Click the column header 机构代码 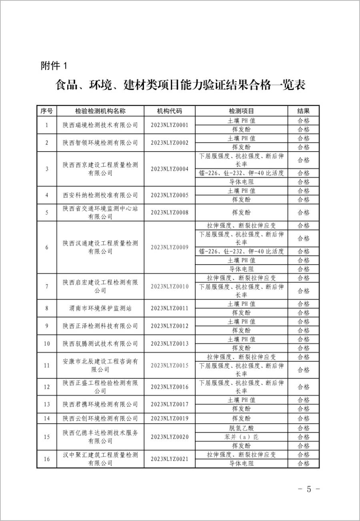pyautogui.click(x=169, y=111)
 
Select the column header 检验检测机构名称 pyautogui.click(x=100, y=111)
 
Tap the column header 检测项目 pyautogui.click(x=241, y=111)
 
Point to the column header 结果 pyautogui.click(x=303, y=111)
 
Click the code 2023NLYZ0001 pyautogui.click(x=169, y=125)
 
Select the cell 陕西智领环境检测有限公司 pyautogui.click(x=100, y=142)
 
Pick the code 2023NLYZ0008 pyautogui.click(x=169, y=212)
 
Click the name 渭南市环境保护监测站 pyautogui.click(x=100, y=308)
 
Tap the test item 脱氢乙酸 pyautogui.click(x=241, y=428)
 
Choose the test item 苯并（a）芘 pyautogui.click(x=241, y=437)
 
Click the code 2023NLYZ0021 pyautogui.click(x=169, y=459)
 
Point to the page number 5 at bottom pyautogui.click(x=308, y=489)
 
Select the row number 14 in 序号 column pyautogui.click(x=47, y=419)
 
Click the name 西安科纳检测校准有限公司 pyautogui.click(x=100, y=195)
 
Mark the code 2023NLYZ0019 pyautogui.click(x=169, y=419)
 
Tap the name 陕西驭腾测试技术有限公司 pyautogui.click(x=100, y=343)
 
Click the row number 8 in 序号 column pyautogui.click(x=47, y=308)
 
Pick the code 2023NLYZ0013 pyautogui.click(x=169, y=343)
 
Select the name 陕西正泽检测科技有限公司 pyautogui.click(x=100, y=326)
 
